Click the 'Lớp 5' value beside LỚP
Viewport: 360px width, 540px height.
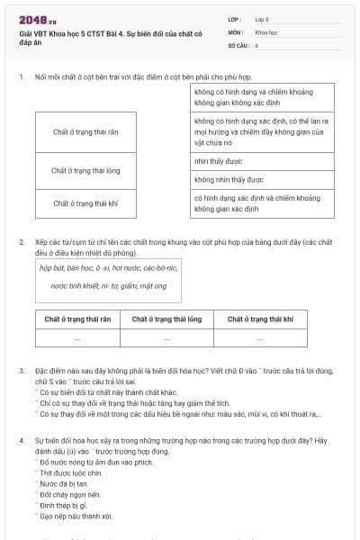(263, 18)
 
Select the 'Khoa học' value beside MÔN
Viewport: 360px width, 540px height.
(265, 31)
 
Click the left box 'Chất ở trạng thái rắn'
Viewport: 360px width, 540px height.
(85, 132)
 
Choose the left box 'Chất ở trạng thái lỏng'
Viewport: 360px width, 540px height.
(85, 168)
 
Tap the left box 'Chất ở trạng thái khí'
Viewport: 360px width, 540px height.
(85, 203)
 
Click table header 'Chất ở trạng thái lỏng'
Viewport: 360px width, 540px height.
(167, 319)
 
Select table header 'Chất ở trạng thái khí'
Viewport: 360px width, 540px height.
(260, 319)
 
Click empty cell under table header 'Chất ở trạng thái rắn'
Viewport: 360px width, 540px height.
(77, 338)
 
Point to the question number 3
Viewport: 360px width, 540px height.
(22, 370)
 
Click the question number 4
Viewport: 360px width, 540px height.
(22, 440)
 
